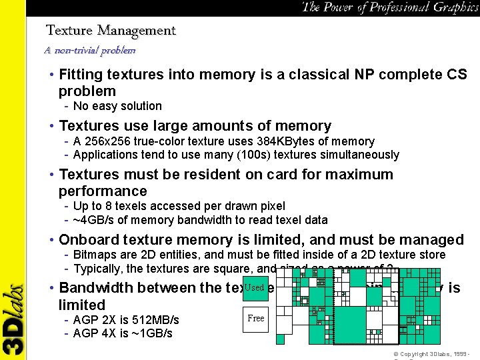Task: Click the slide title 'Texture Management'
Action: tap(111, 31)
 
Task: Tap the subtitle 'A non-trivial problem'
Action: tap(89, 50)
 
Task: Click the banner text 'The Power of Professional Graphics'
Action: tap(389, 7)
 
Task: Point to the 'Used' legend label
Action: tap(255, 287)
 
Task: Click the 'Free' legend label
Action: tap(256, 318)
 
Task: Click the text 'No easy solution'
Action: tap(117, 106)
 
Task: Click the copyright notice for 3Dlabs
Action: tap(433, 353)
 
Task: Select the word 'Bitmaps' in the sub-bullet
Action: tap(94, 255)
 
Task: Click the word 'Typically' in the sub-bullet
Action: tap(97, 269)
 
